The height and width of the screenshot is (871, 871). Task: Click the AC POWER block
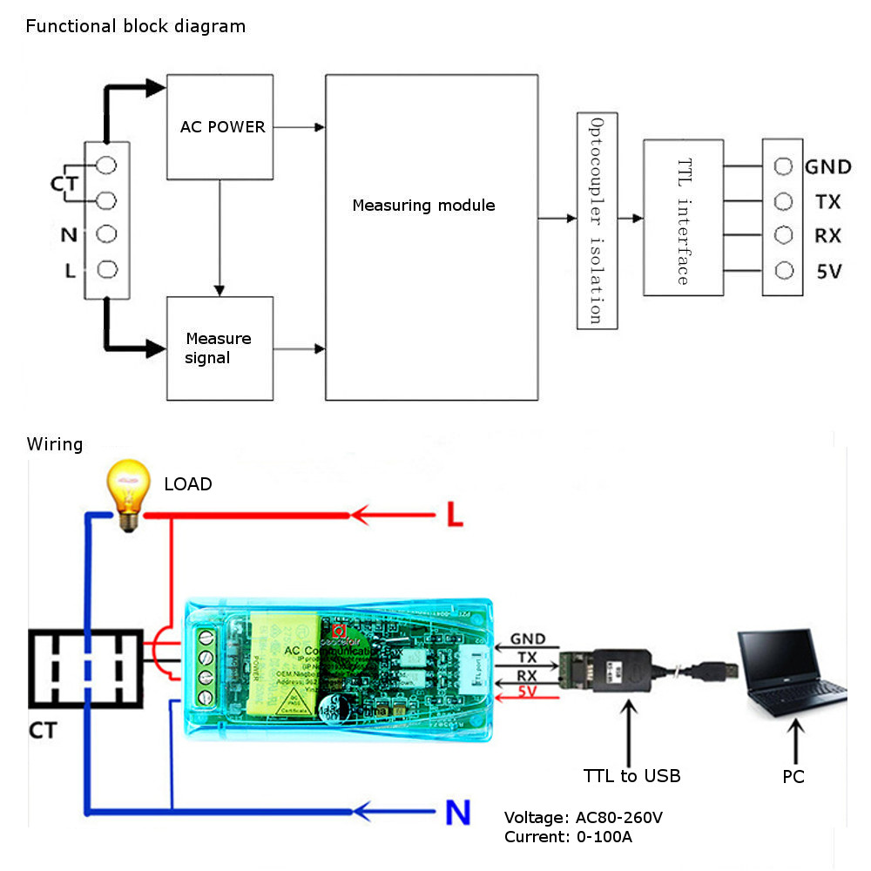coord(219,127)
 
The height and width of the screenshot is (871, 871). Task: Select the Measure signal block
coord(219,348)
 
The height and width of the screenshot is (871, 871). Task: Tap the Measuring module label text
coord(423,206)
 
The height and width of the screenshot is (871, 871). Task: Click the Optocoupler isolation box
coord(597,220)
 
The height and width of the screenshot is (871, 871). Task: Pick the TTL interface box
coord(683,217)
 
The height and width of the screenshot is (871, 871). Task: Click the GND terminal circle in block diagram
coord(784,166)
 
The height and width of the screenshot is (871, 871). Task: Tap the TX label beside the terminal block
coord(827,202)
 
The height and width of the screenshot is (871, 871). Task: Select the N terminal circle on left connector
coord(107,234)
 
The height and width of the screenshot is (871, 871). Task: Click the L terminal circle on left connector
coord(107,270)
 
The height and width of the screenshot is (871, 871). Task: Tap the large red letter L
coord(454,516)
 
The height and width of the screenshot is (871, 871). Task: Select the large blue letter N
coord(457,813)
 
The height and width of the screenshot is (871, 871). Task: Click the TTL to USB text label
coord(631,775)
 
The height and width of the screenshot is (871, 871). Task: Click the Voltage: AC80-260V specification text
coord(584,818)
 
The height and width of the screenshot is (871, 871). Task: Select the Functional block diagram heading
coord(136,26)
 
